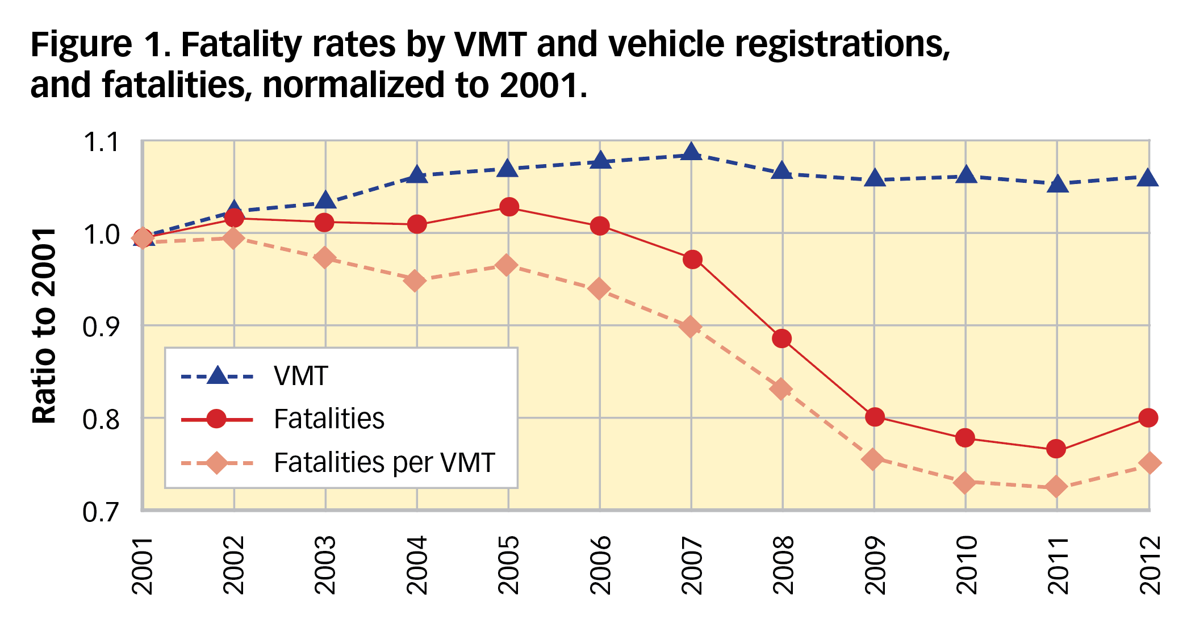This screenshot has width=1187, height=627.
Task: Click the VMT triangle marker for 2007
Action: coord(691,152)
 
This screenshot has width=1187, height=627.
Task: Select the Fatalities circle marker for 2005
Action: coord(509,207)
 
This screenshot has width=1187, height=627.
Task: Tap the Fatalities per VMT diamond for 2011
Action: coord(1056,487)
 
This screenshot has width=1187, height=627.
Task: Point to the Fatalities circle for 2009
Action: coord(875,417)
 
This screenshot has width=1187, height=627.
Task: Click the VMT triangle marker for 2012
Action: coord(1148,178)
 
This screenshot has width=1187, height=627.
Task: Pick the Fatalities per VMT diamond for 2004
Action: coord(416,281)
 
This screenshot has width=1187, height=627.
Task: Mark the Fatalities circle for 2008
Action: coord(782,339)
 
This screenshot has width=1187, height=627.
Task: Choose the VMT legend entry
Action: coord(301,376)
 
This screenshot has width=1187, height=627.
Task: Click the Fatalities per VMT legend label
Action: coord(384,463)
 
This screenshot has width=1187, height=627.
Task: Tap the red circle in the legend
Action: coord(216,419)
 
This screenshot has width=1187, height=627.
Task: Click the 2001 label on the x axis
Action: coord(143,565)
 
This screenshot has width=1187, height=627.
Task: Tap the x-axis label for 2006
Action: coord(600,565)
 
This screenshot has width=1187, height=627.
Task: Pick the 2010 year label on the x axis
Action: coord(966,565)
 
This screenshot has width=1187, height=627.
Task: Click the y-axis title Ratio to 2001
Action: coord(44,326)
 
